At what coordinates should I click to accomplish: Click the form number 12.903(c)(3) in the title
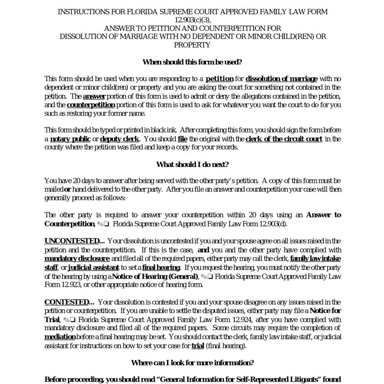pos(192,20)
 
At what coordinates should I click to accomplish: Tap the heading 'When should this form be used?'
pos(192,62)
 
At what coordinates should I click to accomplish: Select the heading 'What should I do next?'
pos(192,165)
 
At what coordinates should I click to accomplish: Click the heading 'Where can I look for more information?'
pos(192,363)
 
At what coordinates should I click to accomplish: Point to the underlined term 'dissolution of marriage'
pos(281,79)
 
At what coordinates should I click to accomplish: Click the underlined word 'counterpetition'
pos(91,105)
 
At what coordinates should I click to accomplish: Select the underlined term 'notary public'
pos(70,139)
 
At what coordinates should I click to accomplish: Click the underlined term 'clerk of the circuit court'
pos(284,139)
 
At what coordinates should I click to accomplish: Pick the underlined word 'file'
pos(182,139)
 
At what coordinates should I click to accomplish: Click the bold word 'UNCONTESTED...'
pos(74,241)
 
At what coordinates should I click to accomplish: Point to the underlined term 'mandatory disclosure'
pos(77,259)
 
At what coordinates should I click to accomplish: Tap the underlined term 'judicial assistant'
pos(94,268)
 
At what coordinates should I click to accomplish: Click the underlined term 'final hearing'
pos(161,268)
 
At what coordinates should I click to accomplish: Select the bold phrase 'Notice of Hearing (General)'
pos(155,276)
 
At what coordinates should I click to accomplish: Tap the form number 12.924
pos(242,320)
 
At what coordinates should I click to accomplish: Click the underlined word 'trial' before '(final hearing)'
pos(198,346)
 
